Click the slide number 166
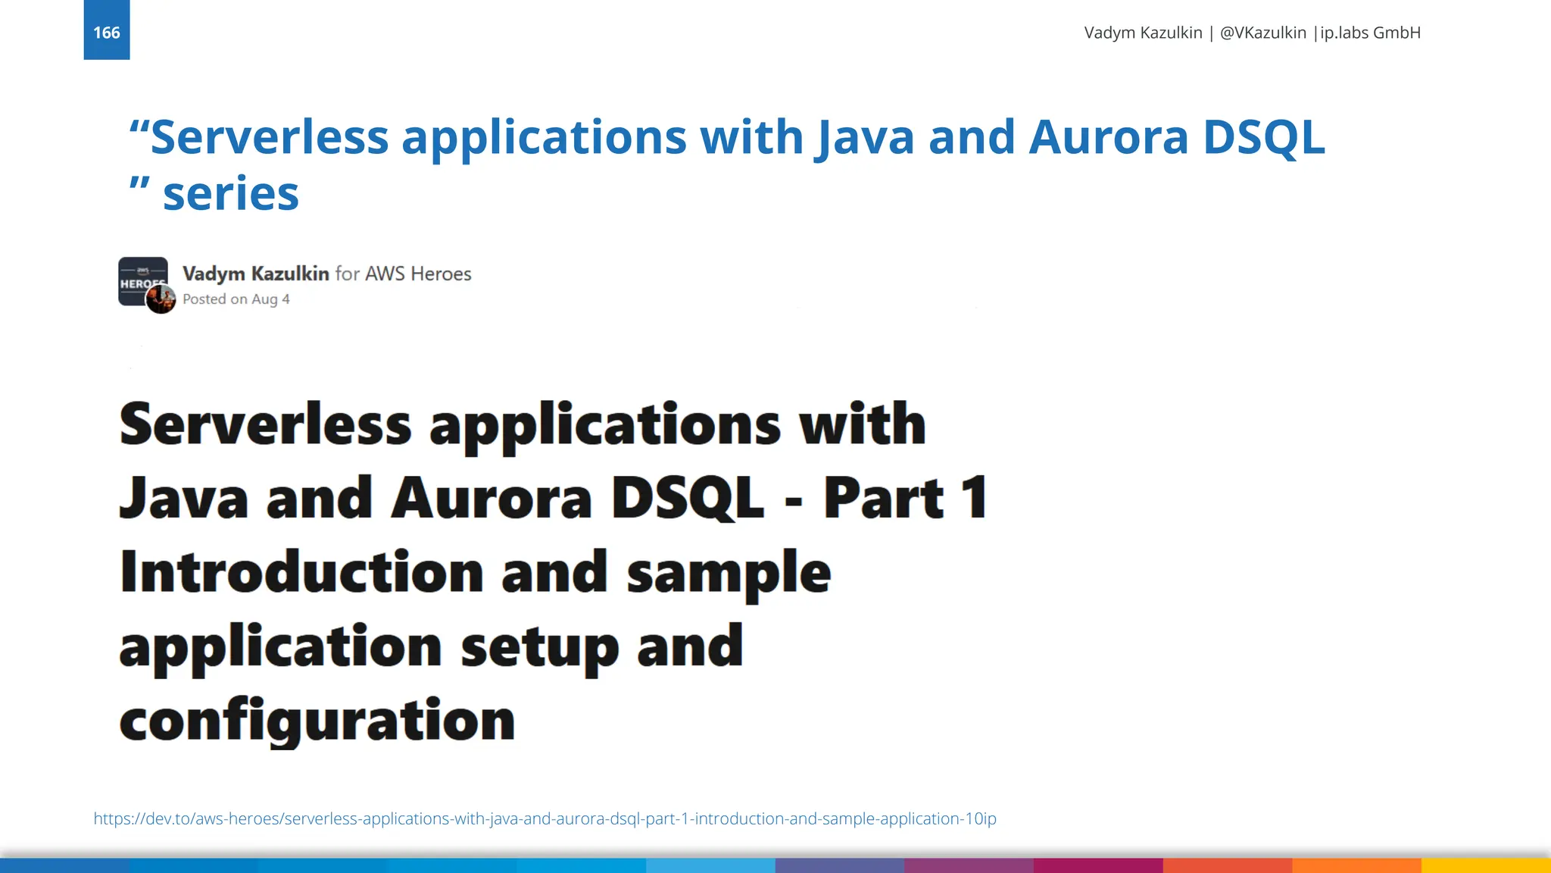106,33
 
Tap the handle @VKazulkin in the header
1262,33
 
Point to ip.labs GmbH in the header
1370,33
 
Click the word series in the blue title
231,193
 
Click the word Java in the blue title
864,137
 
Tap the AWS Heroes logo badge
141,277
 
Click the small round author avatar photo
161,300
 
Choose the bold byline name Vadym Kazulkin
255,274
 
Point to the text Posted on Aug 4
236,299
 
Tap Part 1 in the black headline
905,498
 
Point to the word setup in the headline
539,646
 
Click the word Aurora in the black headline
491,498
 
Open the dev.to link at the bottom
545,818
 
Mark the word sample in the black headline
729,573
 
